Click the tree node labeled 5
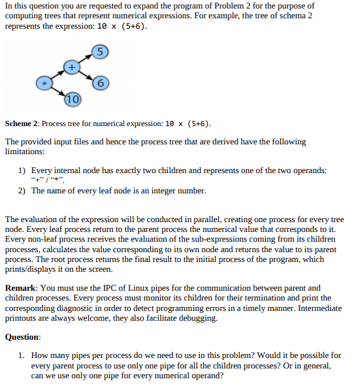(99, 52)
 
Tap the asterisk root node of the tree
(44, 84)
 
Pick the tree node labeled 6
(99, 83)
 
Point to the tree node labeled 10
(72, 99)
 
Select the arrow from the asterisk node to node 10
(58, 91)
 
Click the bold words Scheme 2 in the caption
(23, 123)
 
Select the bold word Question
(22, 337)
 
